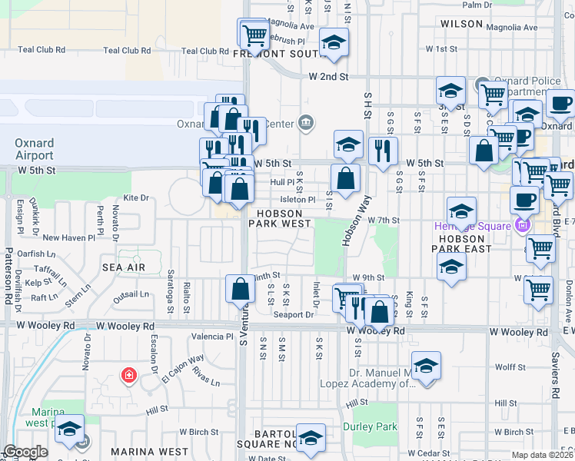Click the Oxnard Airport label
pos(35,149)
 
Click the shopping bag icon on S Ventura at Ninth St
pos(241,289)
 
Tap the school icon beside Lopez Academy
pos(425,366)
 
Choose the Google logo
pos(25,451)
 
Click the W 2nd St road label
pos(329,77)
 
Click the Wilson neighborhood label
pos(461,25)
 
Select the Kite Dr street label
pos(135,198)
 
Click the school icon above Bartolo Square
pos(311,438)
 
